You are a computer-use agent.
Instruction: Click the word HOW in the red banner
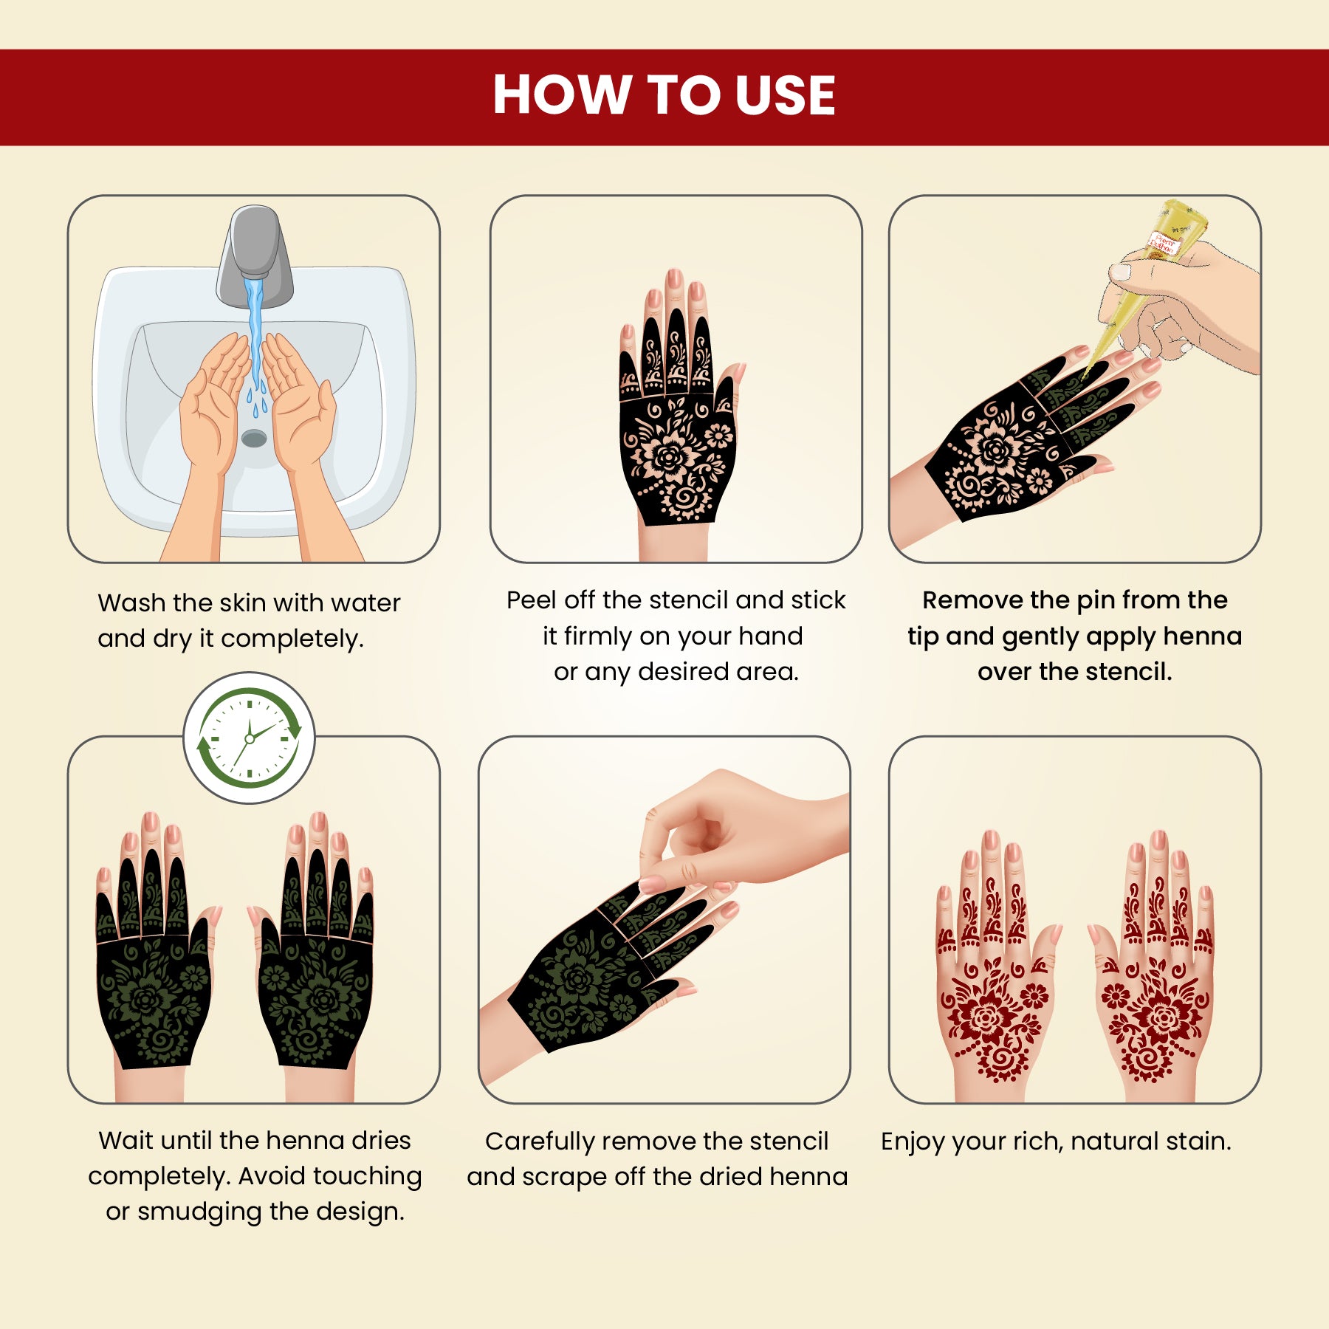(x=560, y=95)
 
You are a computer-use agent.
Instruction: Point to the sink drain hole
(x=254, y=439)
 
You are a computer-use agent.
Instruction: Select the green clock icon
(x=250, y=738)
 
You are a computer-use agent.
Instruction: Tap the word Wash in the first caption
(x=131, y=602)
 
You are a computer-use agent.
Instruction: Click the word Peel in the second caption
(x=532, y=600)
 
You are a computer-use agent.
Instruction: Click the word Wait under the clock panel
(x=126, y=1140)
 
